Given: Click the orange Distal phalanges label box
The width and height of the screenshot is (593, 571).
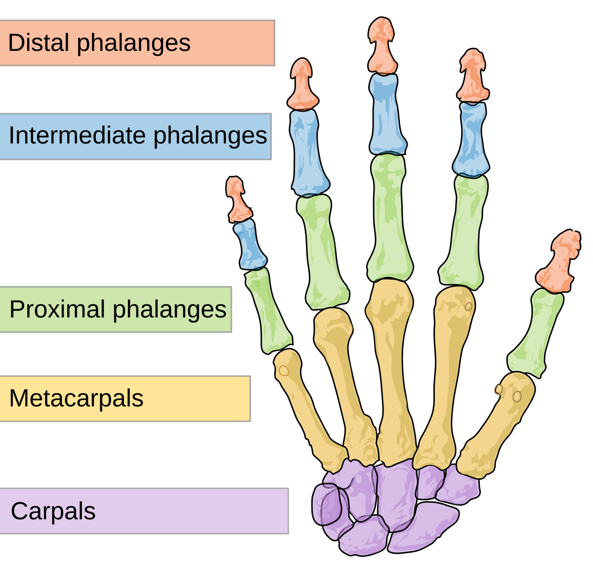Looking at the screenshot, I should tap(137, 43).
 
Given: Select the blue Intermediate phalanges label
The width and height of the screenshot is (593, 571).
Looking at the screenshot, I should tap(135, 136).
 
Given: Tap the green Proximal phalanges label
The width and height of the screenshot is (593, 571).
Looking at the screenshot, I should tap(116, 310).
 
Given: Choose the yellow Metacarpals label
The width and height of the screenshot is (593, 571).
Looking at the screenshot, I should tap(125, 399).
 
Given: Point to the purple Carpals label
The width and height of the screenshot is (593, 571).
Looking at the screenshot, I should tap(144, 511).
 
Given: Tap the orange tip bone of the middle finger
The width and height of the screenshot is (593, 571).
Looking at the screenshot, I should tap(381, 47).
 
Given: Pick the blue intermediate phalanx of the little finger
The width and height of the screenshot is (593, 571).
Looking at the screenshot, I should tap(251, 245).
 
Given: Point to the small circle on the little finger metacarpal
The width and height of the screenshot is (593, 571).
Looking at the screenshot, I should tap(284, 370).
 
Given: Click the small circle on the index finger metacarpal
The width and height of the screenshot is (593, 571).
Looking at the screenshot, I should tap(468, 306).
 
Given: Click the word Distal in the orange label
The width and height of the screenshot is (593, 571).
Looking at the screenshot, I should tap(39, 43).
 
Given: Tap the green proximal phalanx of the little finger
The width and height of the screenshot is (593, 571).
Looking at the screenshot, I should tap(268, 310).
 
